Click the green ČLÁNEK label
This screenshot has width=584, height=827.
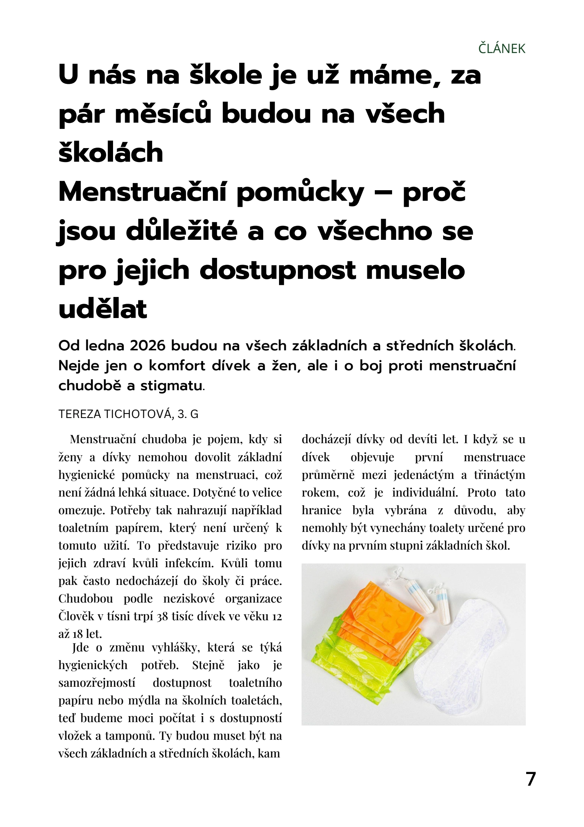point(501,49)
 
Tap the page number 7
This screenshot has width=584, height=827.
point(530,779)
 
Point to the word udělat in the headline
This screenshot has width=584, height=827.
point(103,309)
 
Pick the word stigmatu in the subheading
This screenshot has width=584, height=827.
point(171,386)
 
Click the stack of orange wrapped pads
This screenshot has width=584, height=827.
point(379,621)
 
